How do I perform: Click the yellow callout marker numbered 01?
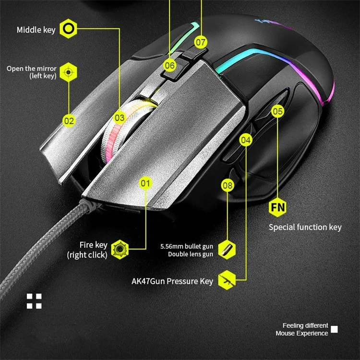pos(145,183)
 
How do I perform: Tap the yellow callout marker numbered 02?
pos(69,120)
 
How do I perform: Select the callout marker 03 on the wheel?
pos(120,117)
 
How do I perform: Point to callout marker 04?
pos(246,140)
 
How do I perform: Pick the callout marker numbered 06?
pos(169,65)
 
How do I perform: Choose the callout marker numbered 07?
pos(200,42)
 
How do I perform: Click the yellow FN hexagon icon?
pos(278,208)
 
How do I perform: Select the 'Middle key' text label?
pos(36,30)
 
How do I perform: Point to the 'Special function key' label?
pos(305,227)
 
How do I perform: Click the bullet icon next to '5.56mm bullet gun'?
pos(226,249)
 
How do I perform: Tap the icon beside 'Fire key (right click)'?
pos(119,249)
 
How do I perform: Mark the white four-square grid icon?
pos(34,301)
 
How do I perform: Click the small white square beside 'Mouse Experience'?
pos(335,329)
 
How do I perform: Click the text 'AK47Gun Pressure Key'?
pos(172,281)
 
